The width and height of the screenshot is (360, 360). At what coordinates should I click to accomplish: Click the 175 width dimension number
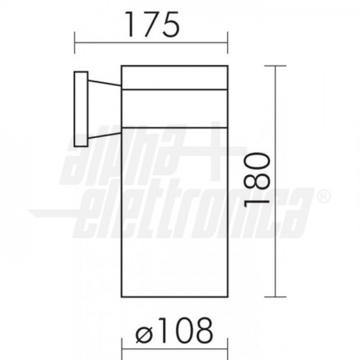[x=152, y=25]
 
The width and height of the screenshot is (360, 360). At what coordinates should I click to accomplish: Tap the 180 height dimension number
[x=257, y=179]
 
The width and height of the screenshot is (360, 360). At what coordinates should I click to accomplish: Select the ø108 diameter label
[x=174, y=330]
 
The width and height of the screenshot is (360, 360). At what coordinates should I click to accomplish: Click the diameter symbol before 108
[x=144, y=334]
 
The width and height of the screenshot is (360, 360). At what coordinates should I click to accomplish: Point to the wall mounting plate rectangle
[x=81, y=109]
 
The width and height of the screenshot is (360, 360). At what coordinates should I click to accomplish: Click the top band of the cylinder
[x=175, y=77]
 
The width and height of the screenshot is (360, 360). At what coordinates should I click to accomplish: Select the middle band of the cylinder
[x=175, y=109]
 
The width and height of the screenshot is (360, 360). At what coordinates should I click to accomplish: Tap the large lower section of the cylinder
[x=175, y=212]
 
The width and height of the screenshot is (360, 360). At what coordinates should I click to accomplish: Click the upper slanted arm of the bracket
[x=104, y=83]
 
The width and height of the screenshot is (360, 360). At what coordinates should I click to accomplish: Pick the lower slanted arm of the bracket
[x=104, y=136]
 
